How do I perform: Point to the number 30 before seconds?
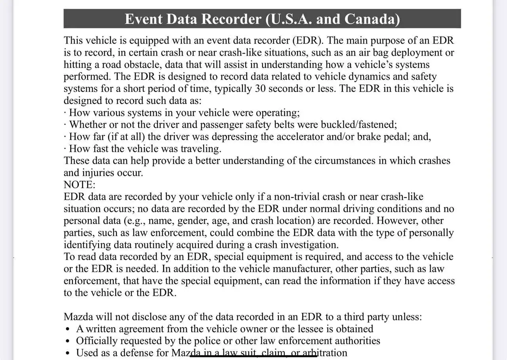(260, 88)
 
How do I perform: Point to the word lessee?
(313, 329)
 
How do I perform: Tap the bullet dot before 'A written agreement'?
(69, 329)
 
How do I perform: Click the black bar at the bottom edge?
(253, 356)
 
